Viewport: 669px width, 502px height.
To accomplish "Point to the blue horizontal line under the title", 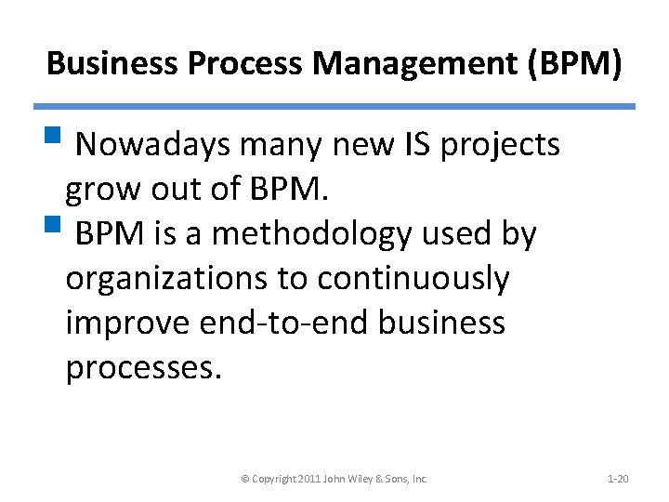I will pyautogui.click(x=334, y=107).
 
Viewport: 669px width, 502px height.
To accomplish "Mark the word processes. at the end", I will pyautogui.click(x=144, y=367).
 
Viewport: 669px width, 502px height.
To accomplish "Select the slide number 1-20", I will pyautogui.click(x=618, y=479).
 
